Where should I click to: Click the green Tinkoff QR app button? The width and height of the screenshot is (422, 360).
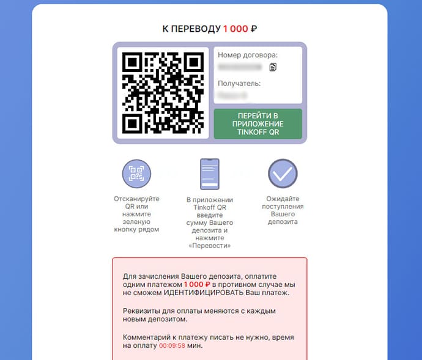[x=257, y=123]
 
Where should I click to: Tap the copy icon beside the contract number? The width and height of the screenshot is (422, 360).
[x=273, y=67]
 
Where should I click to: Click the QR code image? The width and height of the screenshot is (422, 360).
[x=163, y=93]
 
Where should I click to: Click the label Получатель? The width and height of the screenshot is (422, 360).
[x=239, y=83]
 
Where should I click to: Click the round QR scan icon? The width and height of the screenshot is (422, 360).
[x=136, y=174]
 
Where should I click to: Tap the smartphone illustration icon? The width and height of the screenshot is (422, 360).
[x=209, y=174]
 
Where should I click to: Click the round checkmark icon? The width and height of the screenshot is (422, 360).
[x=283, y=174]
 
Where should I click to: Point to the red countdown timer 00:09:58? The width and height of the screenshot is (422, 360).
[x=172, y=346]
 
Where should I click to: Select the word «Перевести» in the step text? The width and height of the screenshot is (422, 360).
[x=209, y=246]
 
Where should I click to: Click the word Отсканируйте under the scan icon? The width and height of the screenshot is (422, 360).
[x=136, y=199]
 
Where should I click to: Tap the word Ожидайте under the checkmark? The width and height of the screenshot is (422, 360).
[x=283, y=199]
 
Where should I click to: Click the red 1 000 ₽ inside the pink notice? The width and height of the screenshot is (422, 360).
[x=198, y=284]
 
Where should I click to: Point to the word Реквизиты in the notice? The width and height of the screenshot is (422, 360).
[x=141, y=310]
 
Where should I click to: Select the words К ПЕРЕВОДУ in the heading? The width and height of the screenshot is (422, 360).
[x=191, y=29]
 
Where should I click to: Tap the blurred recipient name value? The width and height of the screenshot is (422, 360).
[x=233, y=95]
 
